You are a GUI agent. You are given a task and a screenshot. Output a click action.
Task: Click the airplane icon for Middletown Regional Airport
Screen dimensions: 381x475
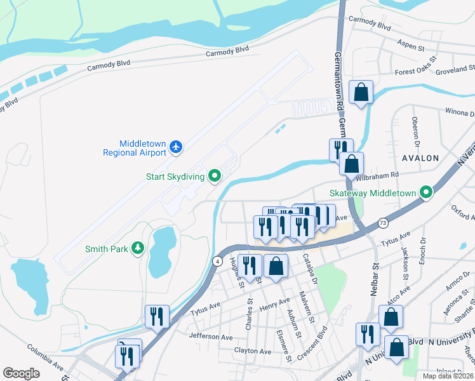(x=177, y=147)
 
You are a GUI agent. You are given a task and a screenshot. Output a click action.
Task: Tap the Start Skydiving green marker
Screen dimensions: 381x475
(x=215, y=177)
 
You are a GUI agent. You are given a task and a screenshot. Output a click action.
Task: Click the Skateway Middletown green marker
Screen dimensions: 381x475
(x=427, y=192)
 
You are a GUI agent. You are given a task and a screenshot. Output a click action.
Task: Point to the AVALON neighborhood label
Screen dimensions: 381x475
(x=420, y=157)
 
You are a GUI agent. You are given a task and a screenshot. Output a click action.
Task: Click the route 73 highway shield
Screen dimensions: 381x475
(x=382, y=223)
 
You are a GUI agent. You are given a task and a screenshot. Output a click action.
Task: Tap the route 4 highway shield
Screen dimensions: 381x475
(x=217, y=260)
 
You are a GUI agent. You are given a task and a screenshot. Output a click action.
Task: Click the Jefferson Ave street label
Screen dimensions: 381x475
(x=211, y=337)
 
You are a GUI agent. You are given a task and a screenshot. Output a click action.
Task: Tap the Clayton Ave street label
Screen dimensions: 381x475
(x=253, y=351)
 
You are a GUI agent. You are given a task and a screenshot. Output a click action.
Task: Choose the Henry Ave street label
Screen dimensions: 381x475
(x=274, y=305)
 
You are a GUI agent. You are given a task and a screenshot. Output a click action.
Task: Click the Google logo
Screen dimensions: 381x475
(x=21, y=373)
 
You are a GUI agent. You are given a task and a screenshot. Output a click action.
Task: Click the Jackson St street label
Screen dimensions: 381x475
(x=404, y=262)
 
